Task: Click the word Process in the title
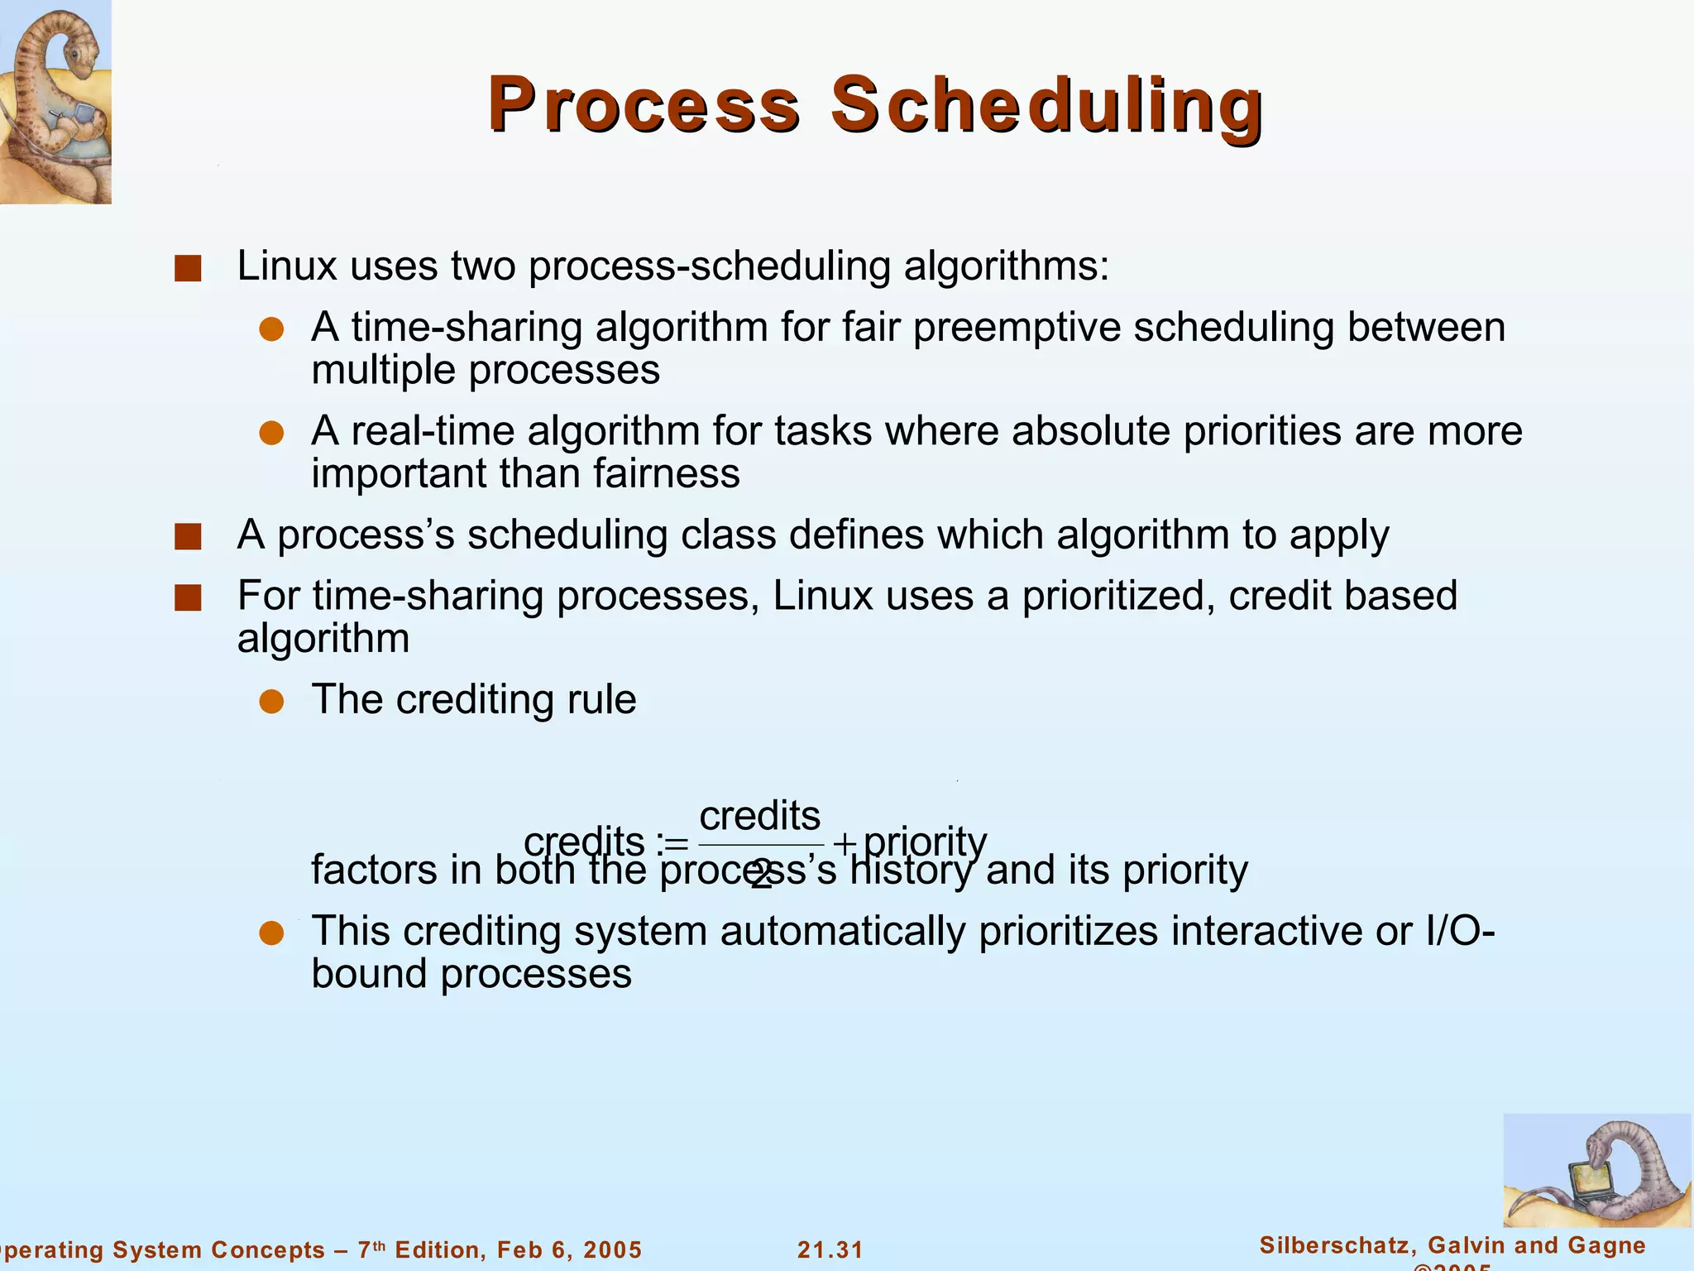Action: tap(644, 106)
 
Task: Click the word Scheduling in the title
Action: tap(1046, 106)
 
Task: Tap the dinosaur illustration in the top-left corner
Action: tap(55, 101)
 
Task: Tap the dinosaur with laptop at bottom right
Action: tap(1596, 1170)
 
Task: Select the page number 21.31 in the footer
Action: tap(830, 1249)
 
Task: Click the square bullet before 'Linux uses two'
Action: tap(189, 269)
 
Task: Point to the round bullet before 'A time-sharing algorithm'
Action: tap(271, 329)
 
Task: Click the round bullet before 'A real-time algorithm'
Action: tap(271, 433)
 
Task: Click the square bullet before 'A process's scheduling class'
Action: tap(189, 537)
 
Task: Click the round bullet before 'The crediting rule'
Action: tap(271, 702)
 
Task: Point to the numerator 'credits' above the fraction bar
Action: tap(759, 816)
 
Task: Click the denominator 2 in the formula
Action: tap(761, 875)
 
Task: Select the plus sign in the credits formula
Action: tap(844, 844)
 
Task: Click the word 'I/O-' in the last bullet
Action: tap(1460, 931)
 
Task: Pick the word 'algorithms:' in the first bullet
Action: tap(1006, 266)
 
